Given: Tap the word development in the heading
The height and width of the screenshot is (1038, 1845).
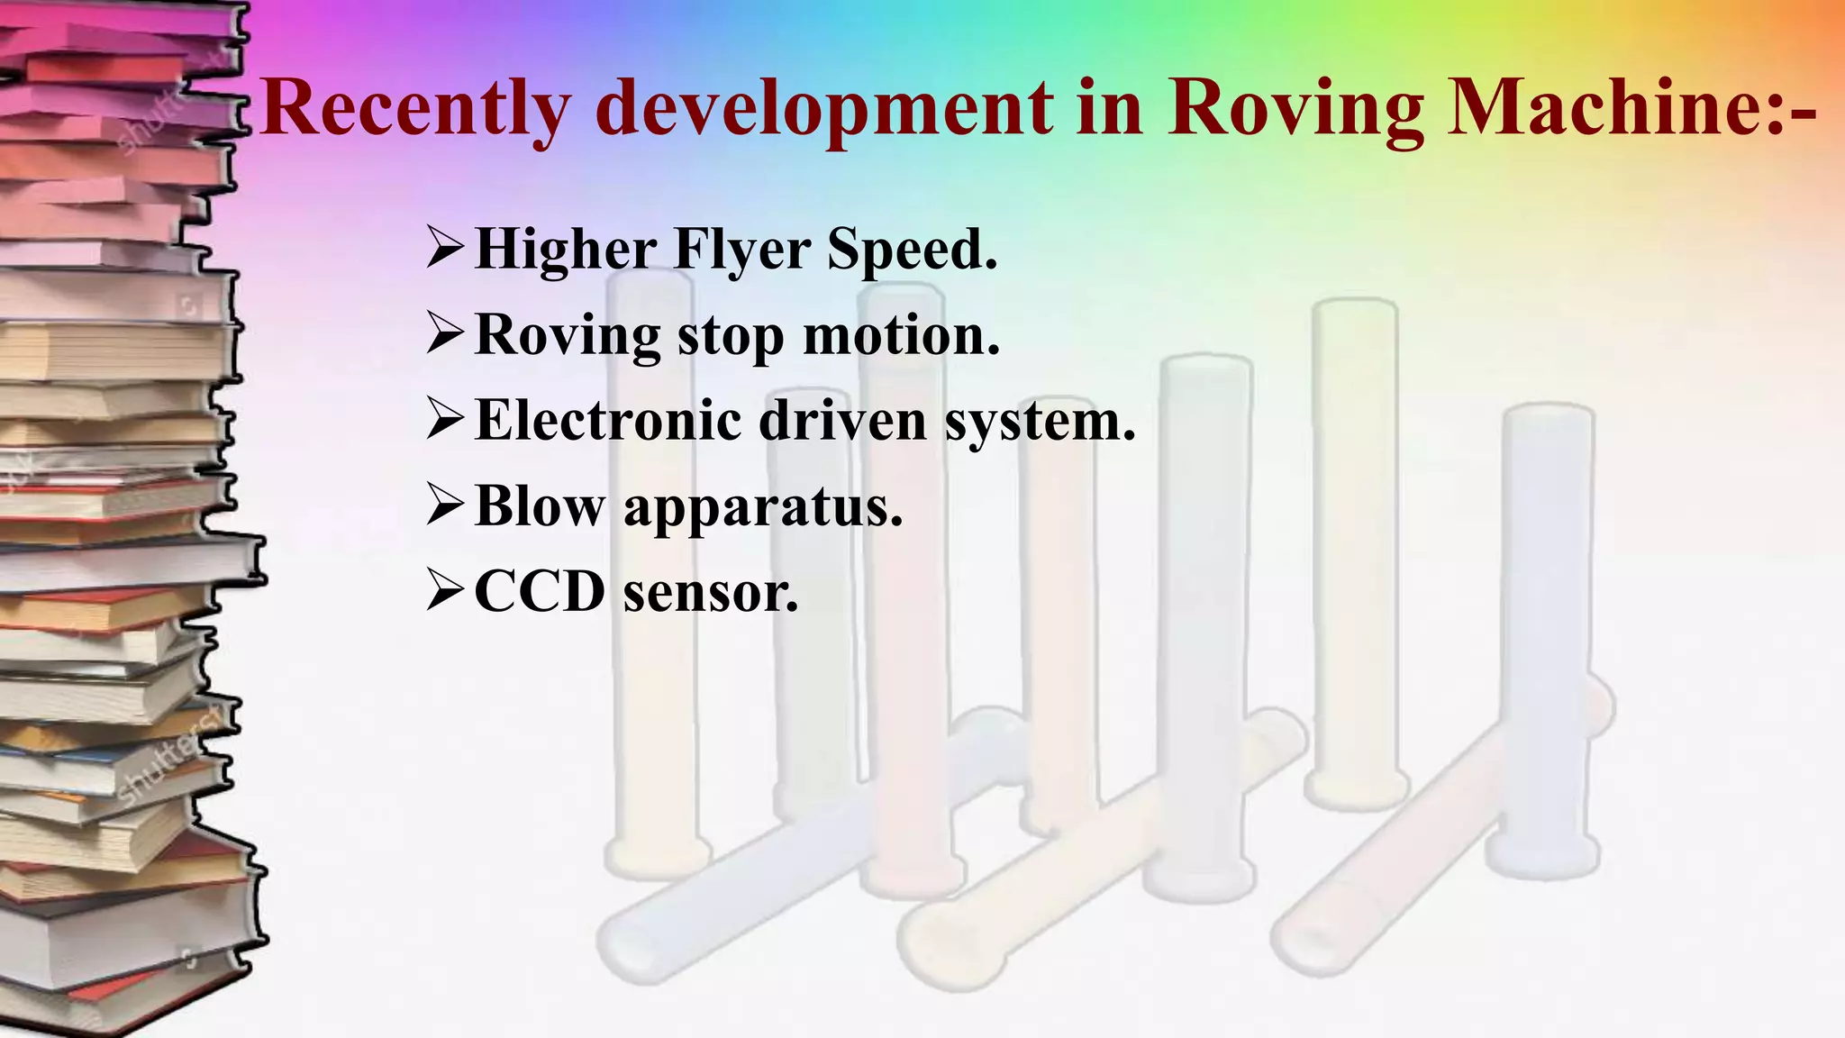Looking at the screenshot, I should tap(823, 108).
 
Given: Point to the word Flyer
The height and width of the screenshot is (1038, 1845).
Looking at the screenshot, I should tap(741, 250).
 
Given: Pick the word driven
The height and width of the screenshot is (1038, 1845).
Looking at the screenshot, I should tap(842, 420).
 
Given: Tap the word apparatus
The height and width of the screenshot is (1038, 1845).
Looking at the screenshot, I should tap(762, 508).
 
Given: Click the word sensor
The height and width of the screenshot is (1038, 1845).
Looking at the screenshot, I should tap(711, 593).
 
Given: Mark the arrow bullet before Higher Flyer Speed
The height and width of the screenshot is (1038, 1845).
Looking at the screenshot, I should tap(445, 249).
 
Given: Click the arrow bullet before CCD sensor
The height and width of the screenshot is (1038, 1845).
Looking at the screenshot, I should tap(445, 592).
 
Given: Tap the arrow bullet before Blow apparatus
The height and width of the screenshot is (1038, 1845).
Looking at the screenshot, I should tap(445, 506).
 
